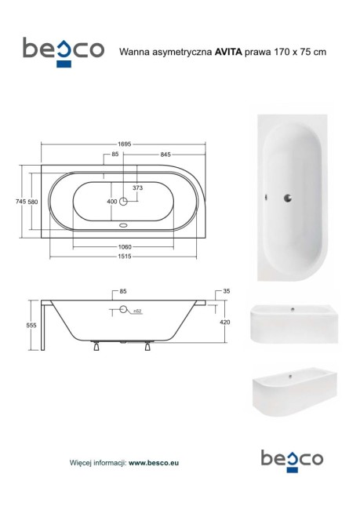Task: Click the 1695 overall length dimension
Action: tap(125, 144)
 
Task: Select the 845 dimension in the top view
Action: tap(165, 155)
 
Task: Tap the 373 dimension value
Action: tap(137, 188)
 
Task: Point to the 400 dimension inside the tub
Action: tap(112, 202)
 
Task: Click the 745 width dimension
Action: tap(20, 202)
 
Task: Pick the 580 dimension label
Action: tap(32, 202)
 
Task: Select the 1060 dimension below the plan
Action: tap(125, 247)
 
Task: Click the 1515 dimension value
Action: tap(125, 257)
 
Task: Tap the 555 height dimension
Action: tap(31, 326)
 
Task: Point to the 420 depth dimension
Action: tap(225, 322)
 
